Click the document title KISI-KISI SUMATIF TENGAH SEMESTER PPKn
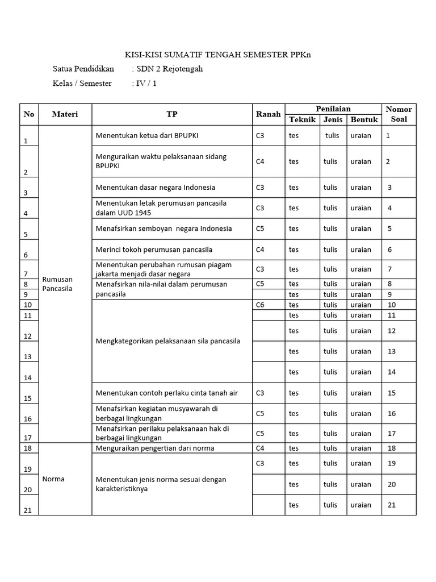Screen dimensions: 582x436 [x=218, y=55]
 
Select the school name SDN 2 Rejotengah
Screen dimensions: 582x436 [x=169, y=69]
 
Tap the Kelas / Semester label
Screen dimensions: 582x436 [x=82, y=84]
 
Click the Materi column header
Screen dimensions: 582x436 [x=65, y=114]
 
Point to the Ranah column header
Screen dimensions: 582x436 [x=268, y=114]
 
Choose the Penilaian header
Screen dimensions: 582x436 [x=333, y=109]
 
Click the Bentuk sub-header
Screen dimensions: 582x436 [x=364, y=119]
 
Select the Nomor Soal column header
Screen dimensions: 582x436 [x=399, y=114]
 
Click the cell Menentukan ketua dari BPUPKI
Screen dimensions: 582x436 [x=147, y=135]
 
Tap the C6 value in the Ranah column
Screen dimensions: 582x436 [x=260, y=305]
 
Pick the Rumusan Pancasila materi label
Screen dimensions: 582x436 [x=57, y=283]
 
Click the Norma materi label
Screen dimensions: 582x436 [x=53, y=479]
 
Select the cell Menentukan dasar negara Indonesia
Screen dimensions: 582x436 [x=155, y=187]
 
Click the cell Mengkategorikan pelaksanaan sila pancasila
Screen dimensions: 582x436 [x=167, y=341]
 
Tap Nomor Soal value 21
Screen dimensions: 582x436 [x=391, y=505]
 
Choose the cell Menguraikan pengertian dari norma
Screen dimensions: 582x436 [x=155, y=448]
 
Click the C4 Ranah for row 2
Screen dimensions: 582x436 [x=260, y=161]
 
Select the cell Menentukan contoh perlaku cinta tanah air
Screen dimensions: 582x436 [x=167, y=393]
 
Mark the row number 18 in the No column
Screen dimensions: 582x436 [x=27, y=448]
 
